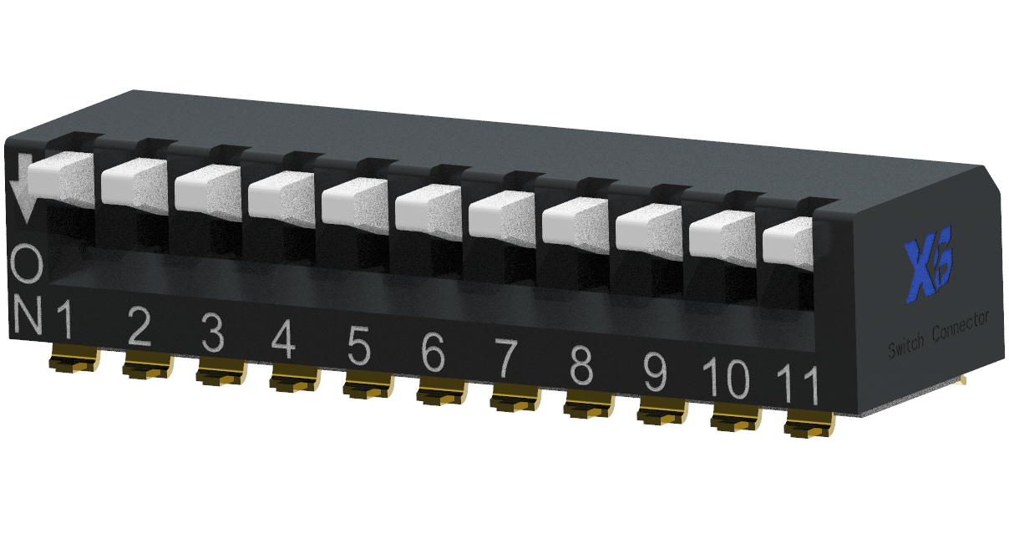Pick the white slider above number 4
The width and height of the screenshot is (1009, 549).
[281, 197]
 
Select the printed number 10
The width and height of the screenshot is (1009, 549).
[725, 379]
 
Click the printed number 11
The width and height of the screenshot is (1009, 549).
[797, 384]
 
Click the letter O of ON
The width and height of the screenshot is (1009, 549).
[27, 266]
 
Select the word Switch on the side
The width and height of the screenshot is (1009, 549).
[906, 343]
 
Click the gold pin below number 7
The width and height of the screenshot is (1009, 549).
[514, 399]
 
